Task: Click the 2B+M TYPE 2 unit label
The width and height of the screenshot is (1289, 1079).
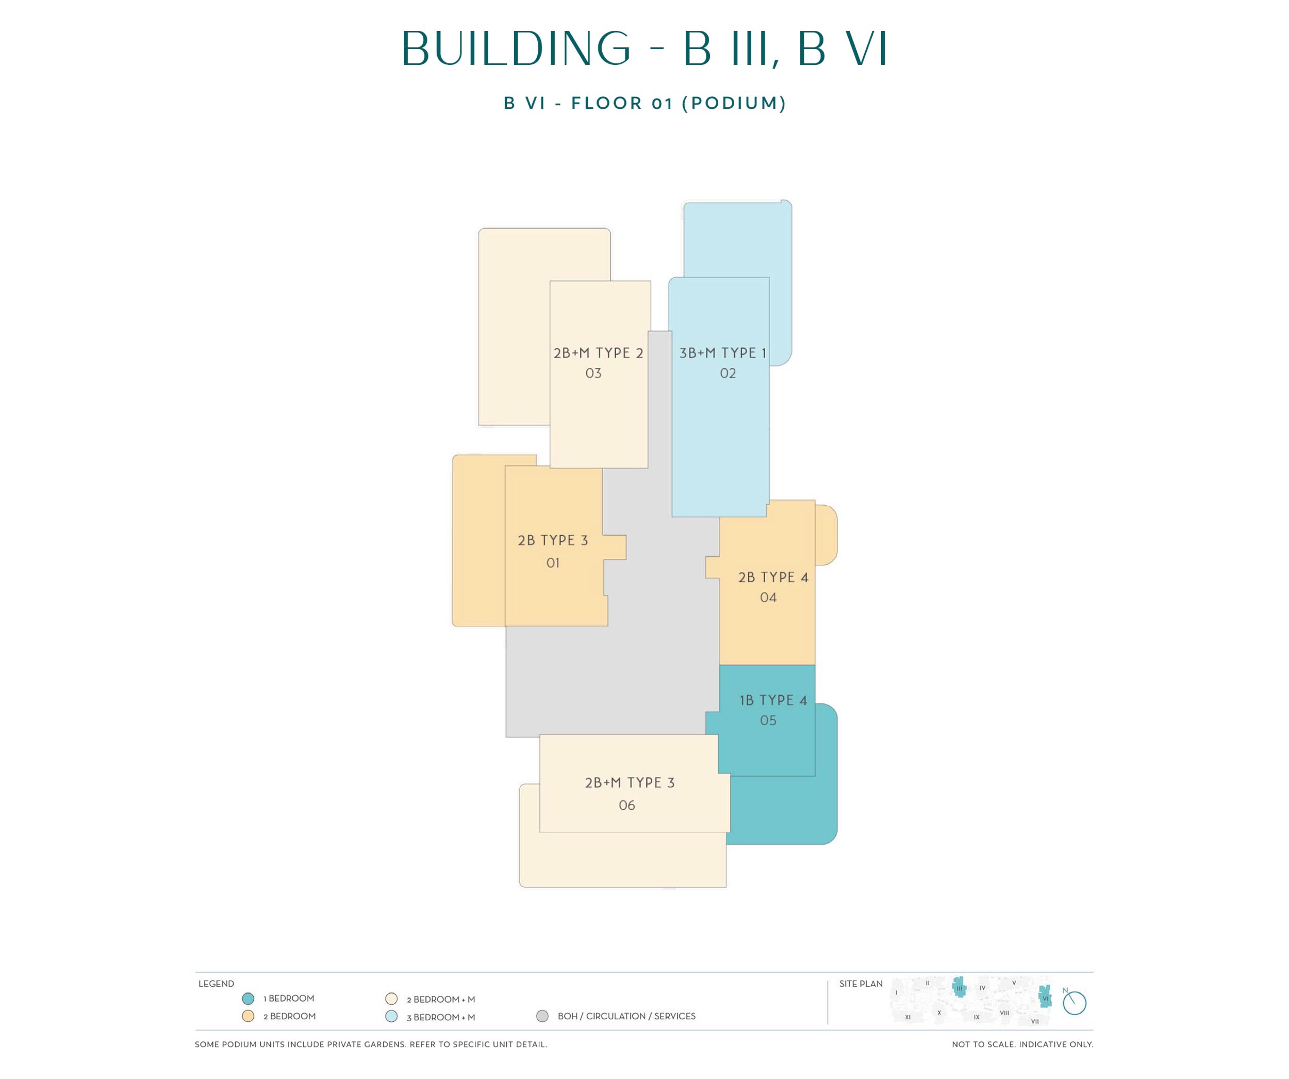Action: coord(598,353)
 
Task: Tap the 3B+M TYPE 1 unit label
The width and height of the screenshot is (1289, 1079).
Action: coord(722,353)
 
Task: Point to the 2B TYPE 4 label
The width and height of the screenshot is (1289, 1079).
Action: coord(773,577)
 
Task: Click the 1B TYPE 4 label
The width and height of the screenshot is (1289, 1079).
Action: coord(773,700)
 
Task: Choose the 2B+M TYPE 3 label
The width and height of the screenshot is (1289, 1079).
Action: coord(629,783)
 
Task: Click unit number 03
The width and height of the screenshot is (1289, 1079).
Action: coord(593,373)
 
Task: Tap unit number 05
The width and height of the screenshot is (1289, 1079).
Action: coord(768,721)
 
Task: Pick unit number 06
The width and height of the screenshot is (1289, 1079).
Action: coord(626,805)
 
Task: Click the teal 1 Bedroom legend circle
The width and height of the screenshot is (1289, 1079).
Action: coord(248,999)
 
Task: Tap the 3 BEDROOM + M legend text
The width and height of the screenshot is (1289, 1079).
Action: coord(441,1017)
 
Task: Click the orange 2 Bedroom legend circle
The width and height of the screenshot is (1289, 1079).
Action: coord(248,1016)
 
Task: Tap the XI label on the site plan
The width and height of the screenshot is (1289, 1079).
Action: coord(908,1017)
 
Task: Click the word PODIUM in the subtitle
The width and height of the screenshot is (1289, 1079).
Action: coord(734,103)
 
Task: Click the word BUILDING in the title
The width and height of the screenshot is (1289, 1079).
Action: coord(516,48)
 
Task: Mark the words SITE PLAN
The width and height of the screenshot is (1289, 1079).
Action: coord(861,984)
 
